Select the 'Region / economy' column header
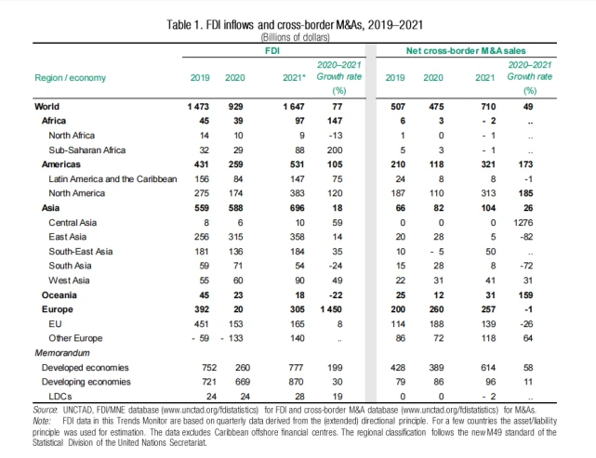pyautogui.click(x=67, y=79)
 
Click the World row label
pyautogui.click(x=46, y=108)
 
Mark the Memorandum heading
pyautogui.click(x=63, y=353)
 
